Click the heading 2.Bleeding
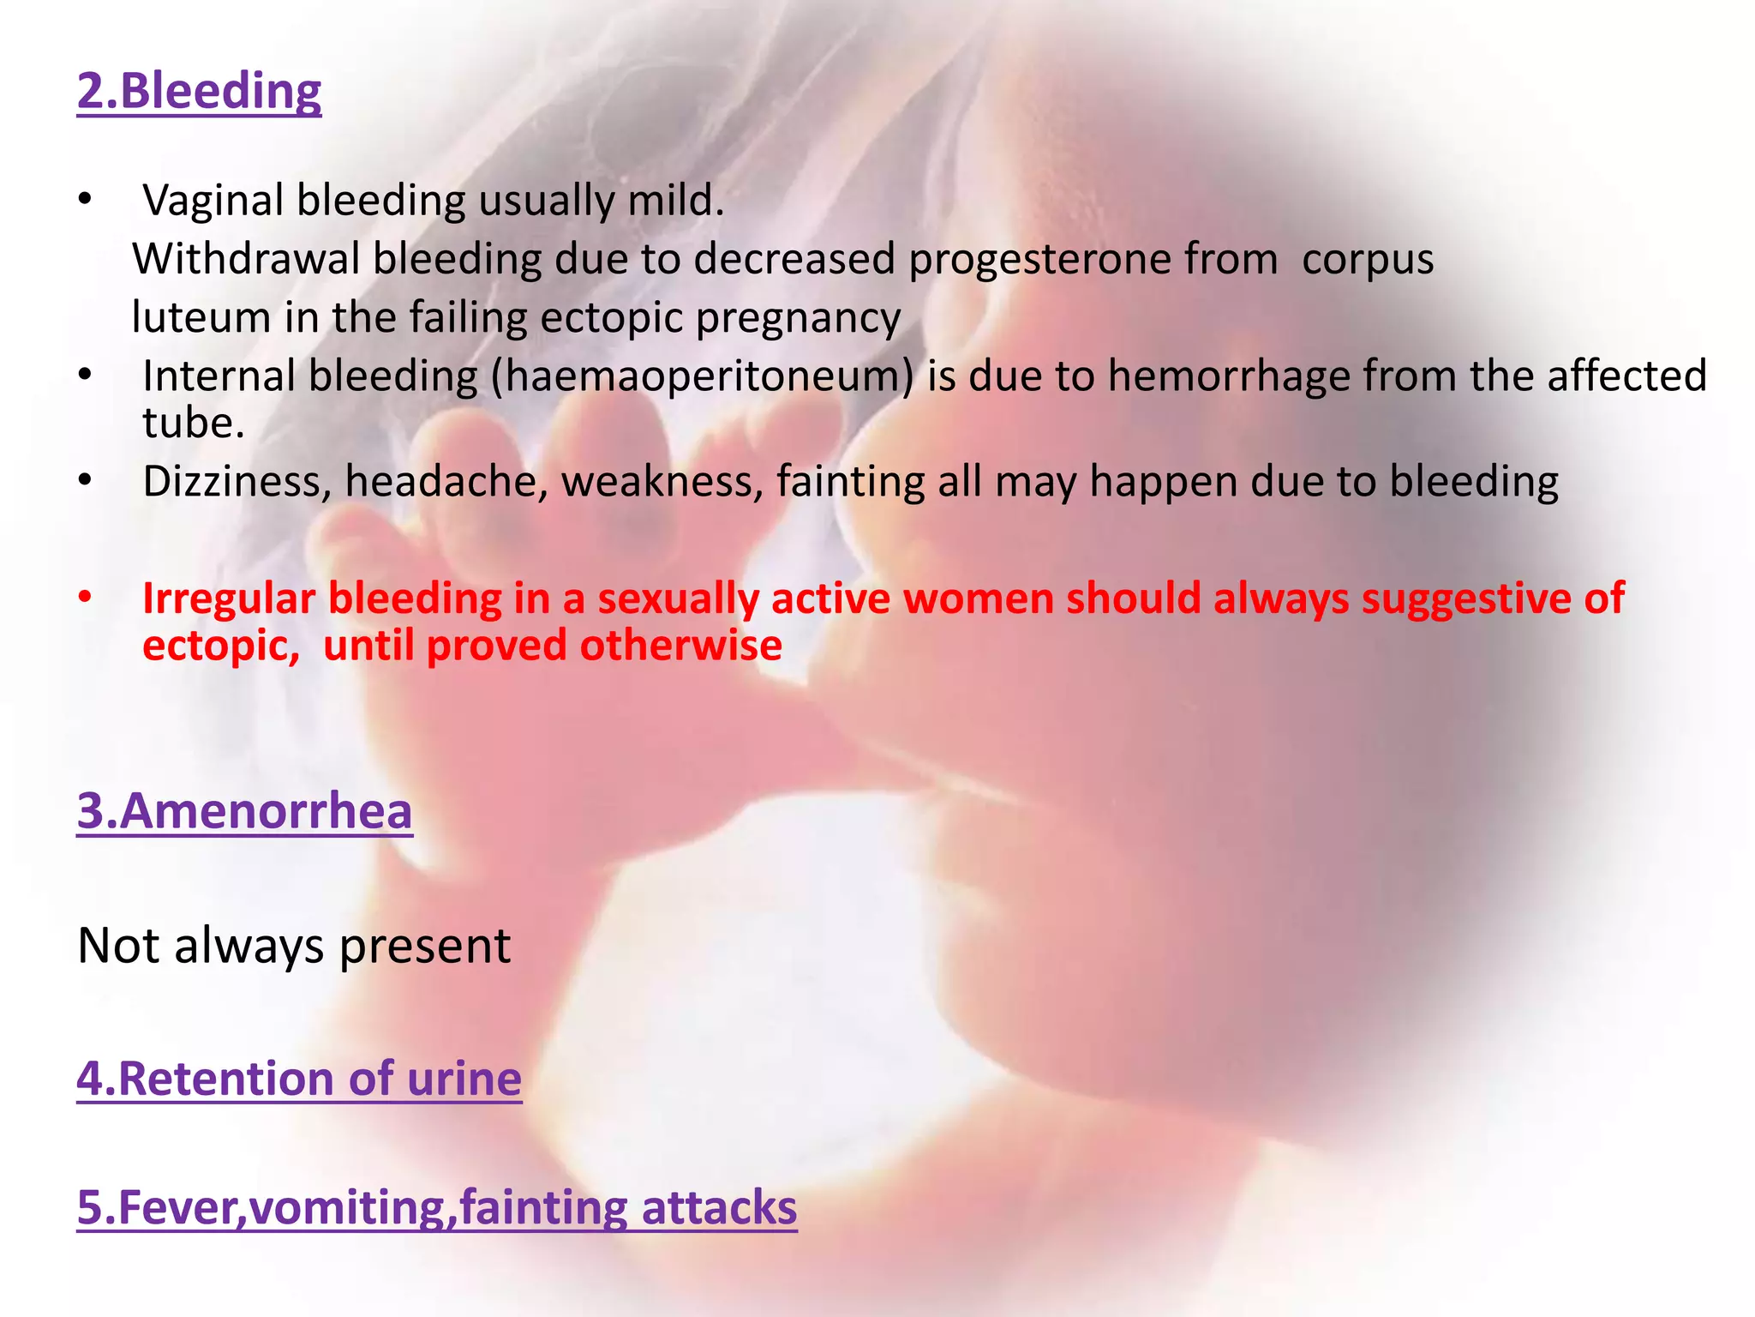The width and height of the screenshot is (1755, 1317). pos(199,91)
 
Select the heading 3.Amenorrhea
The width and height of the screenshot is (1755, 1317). pos(244,810)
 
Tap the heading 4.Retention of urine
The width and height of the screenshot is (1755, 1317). pos(299,1078)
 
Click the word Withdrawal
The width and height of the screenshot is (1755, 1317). pos(246,259)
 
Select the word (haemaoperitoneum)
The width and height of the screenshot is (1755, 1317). pos(703,376)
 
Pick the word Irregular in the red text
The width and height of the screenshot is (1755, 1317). pos(229,598)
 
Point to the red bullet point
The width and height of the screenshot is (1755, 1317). pos(84,596)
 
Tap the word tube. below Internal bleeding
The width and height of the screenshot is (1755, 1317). pos(193,424)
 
